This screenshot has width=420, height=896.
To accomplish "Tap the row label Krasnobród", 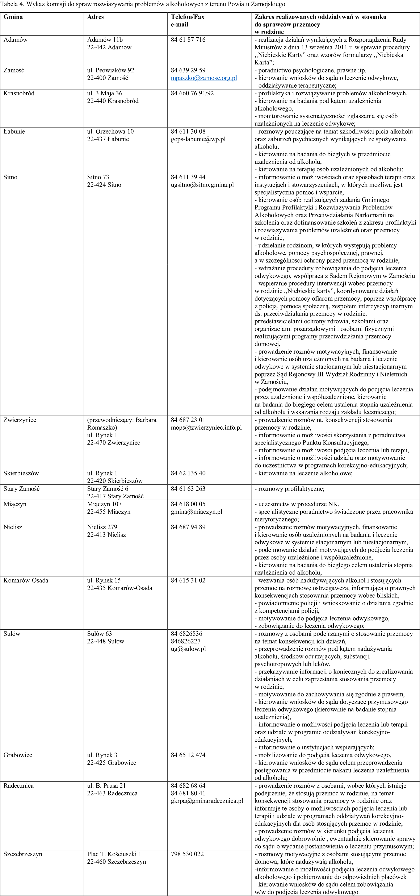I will tap(19, 93).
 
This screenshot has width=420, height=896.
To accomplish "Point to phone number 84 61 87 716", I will tap(188, 40).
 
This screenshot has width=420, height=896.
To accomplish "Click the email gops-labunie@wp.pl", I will tap(198, 139).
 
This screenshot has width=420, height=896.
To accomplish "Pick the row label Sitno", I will tap(10, 177).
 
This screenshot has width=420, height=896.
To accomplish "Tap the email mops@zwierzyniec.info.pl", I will tap(206, 428).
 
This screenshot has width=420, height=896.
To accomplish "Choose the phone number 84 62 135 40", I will tap(188, 473).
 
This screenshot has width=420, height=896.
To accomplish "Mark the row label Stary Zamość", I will tap(22, 489).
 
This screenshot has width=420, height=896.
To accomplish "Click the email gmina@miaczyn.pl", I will tap(196, 512).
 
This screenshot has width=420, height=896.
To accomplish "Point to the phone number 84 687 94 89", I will tap(188, 527).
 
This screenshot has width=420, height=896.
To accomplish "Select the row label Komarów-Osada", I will tap(26, 580).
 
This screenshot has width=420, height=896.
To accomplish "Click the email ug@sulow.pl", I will tap(188, 649).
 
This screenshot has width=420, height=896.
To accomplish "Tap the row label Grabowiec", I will tap(18, 755).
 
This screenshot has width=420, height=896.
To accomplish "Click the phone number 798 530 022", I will tap(187, 854).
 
